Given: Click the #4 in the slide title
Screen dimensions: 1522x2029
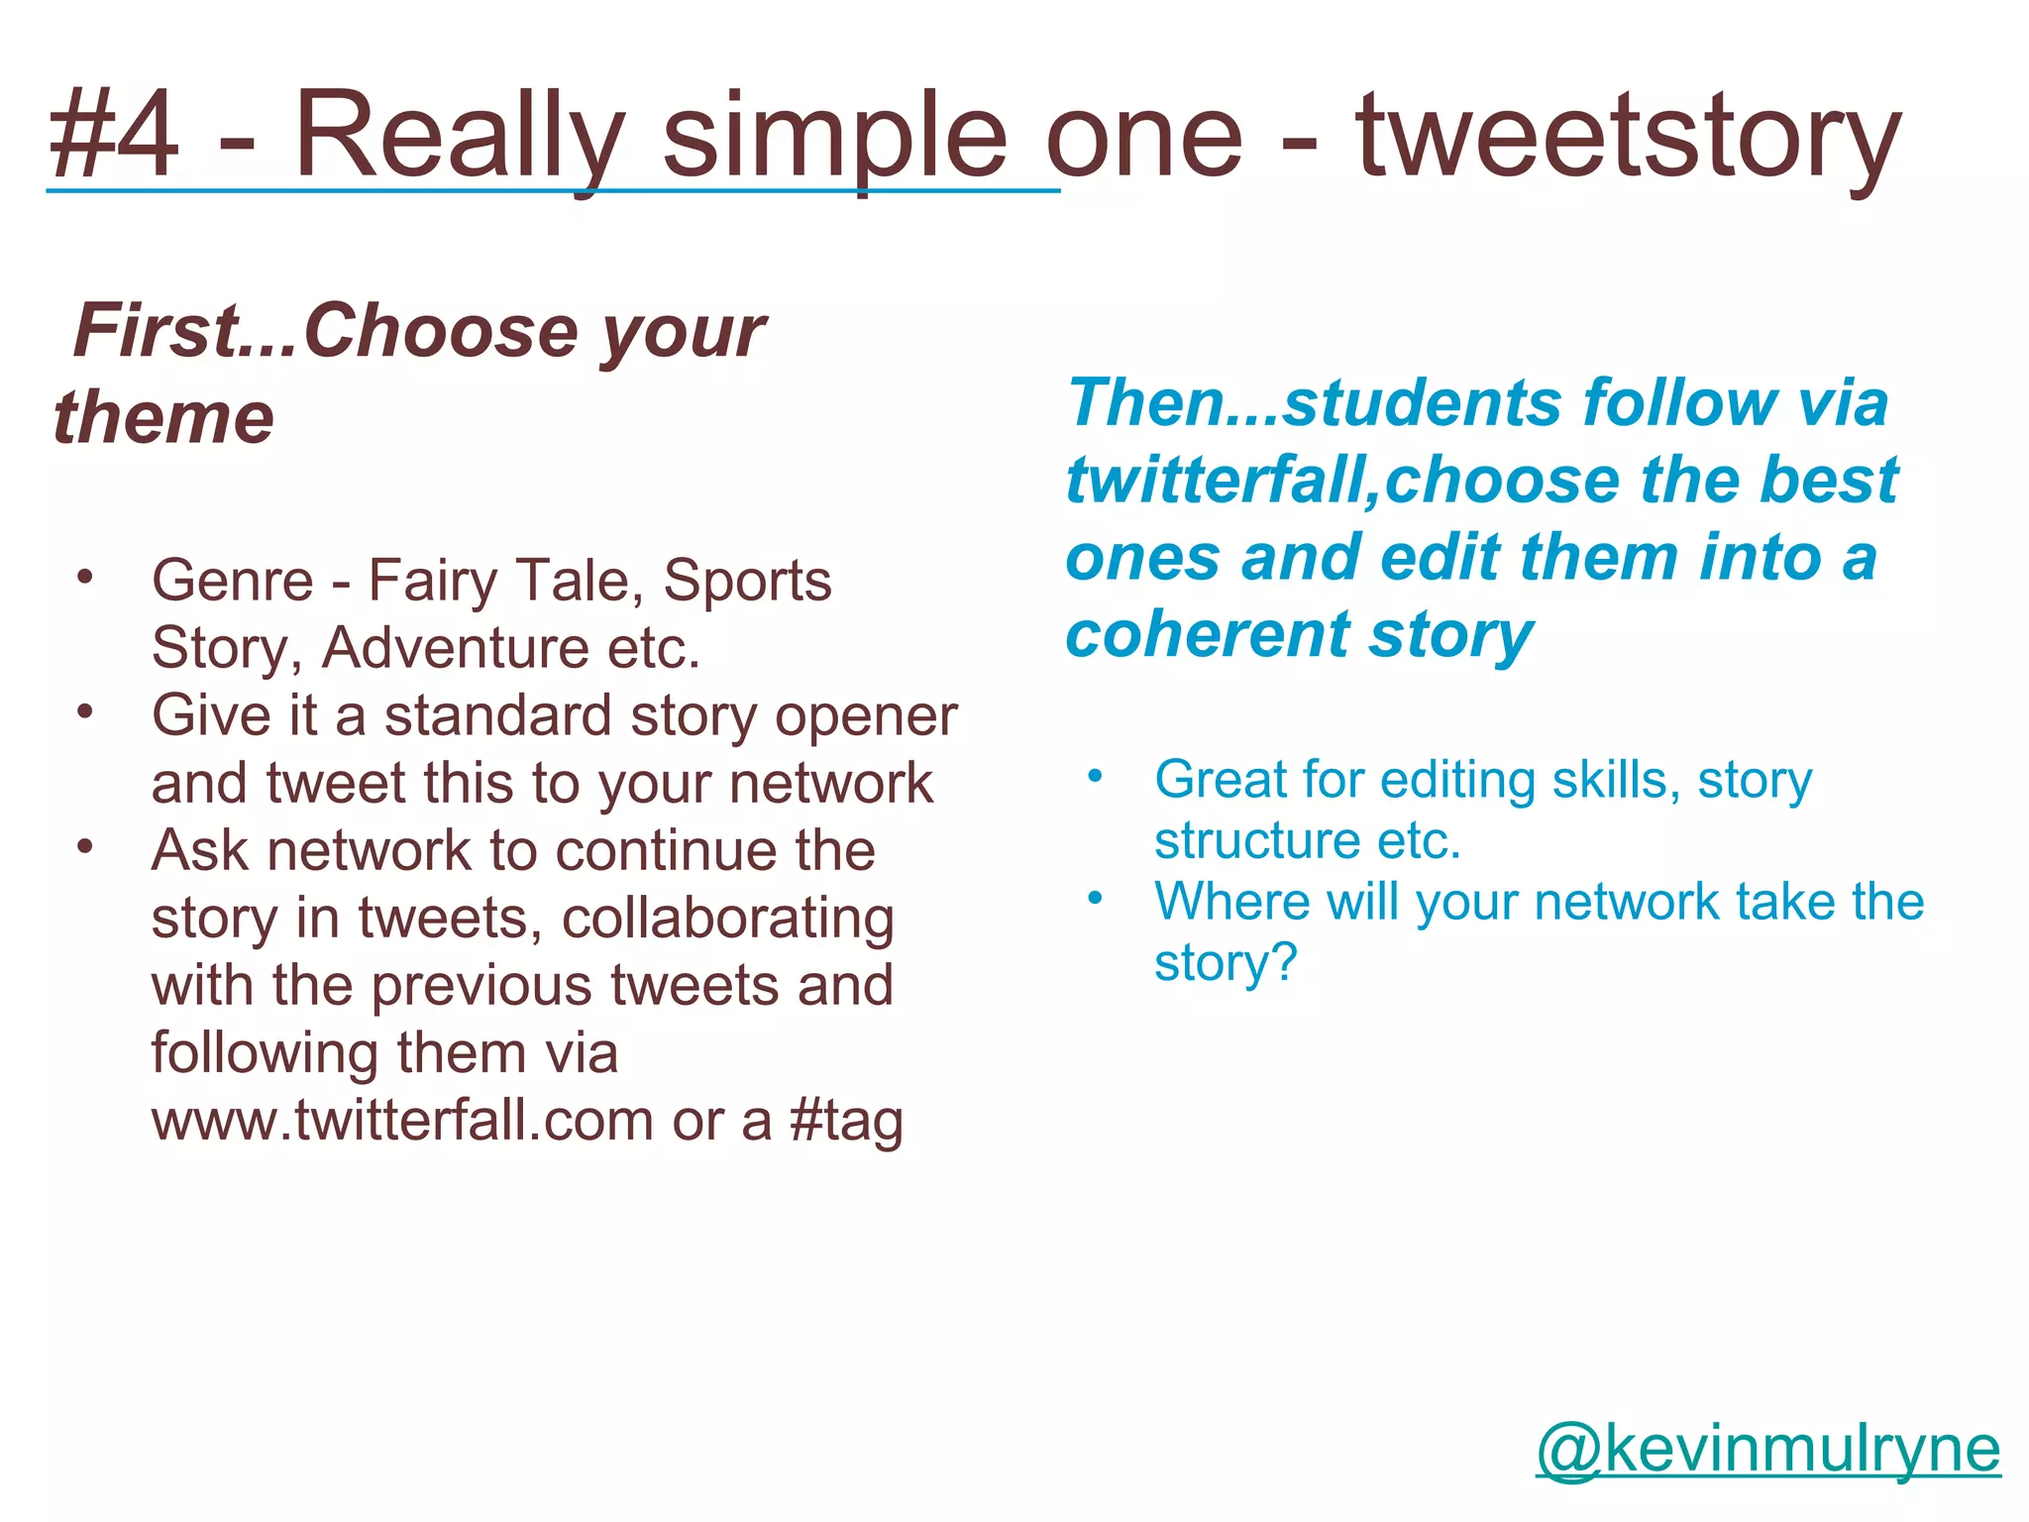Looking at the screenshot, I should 114,135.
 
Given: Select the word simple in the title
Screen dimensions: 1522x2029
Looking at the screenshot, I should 833,137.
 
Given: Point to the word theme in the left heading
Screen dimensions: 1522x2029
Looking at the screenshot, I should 163,417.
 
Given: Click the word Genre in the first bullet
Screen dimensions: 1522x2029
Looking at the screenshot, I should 232,581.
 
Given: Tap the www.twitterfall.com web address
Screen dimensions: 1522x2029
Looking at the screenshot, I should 402,1121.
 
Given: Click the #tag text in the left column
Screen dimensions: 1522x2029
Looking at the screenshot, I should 846,1121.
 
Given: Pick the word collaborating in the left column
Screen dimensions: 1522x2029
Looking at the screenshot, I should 727,919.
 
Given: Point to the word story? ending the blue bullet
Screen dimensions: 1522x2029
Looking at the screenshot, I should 1226,962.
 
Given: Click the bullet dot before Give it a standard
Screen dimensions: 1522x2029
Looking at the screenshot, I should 86,711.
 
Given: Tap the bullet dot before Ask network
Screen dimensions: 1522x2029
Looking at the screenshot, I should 86,847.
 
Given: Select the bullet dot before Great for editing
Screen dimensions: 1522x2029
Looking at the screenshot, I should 1094,776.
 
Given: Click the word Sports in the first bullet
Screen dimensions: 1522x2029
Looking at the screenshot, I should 747,581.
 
